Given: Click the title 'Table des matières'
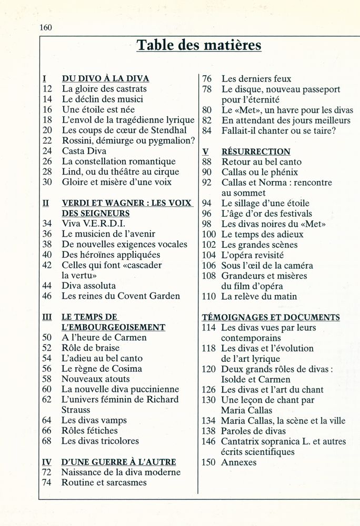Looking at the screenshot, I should (x=199, y=46).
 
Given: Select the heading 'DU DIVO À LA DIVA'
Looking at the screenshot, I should (x=105, y=79).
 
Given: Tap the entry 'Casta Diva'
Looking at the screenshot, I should (x=84, y=151).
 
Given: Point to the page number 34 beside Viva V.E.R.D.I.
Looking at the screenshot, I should (x=47, y=224).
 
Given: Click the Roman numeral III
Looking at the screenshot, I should (x=46, y=317).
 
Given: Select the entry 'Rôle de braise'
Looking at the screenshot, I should (x=91, y=348).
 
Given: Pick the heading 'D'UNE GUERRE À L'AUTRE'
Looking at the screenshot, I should (x=118, y=462).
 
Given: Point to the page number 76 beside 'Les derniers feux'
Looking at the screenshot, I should (x=207, y=79).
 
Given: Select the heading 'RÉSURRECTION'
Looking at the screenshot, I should (x=256, y=151).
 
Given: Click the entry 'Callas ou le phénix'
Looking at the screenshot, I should (x=259, y=172).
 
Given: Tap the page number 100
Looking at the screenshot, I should (x=209, y=234).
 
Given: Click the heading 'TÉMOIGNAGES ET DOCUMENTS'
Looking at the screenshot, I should (x=271, y=317).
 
